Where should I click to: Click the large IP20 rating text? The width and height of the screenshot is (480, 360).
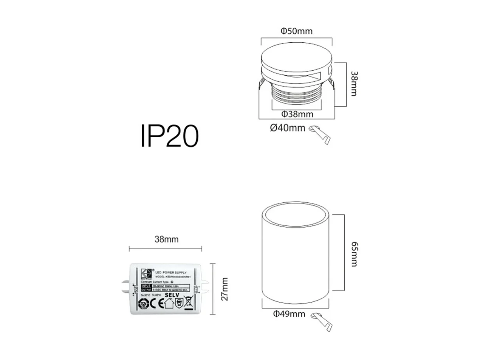(169, 135)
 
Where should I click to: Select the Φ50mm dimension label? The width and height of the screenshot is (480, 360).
(296, 31)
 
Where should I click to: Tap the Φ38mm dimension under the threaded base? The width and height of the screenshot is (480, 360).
(297, 114)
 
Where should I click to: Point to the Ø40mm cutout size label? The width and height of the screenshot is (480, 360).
(287, 128)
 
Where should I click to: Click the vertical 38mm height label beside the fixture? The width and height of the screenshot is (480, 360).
(354, 84)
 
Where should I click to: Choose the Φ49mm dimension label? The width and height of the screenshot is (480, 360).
(289, 314)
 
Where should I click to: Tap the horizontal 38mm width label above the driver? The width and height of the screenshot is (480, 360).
(166, 239)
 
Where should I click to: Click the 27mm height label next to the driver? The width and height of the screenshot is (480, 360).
(225, 289)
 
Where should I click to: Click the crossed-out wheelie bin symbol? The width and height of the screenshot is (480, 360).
(188, 304)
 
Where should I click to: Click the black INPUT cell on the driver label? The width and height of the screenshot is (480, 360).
(146, 286)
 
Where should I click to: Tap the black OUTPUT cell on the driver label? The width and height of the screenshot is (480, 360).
(146, 289)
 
